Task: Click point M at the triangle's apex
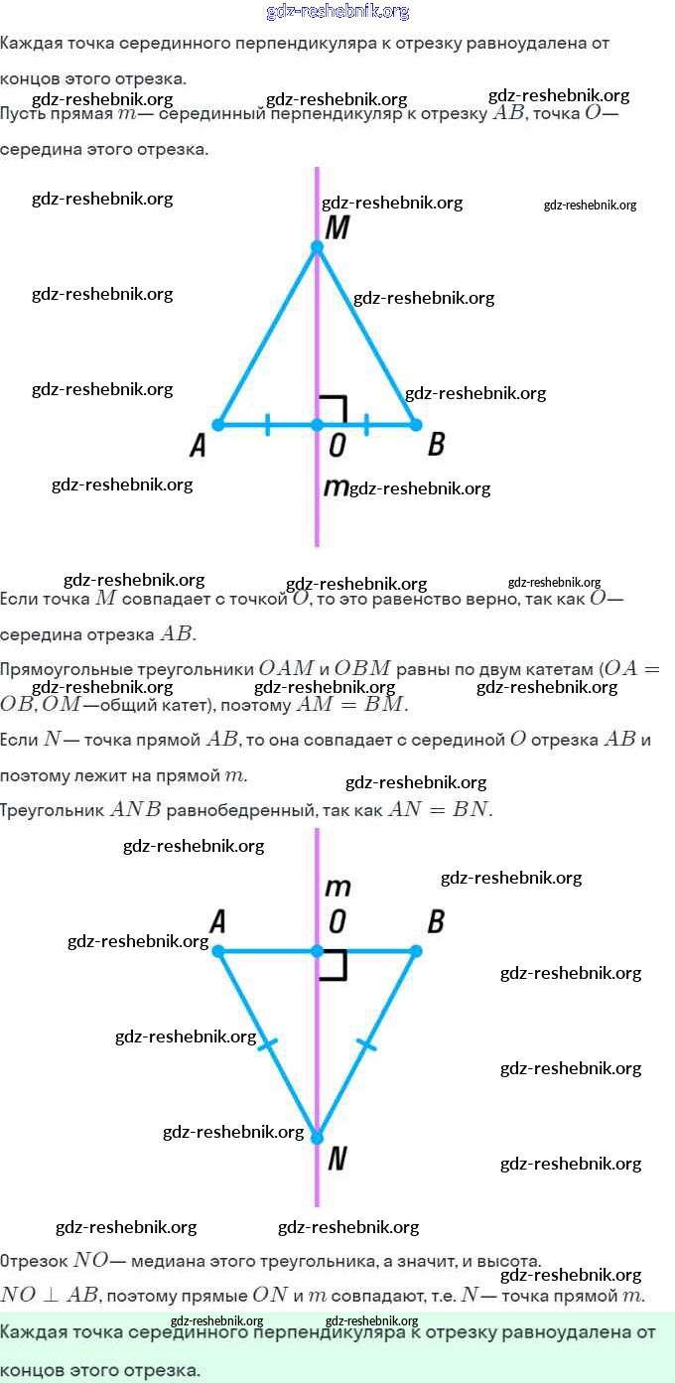(x=317, y=246)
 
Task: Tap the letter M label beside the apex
(x=337, y=228)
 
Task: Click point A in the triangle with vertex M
(x=218, y=425)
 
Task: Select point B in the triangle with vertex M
(x=416, y=425)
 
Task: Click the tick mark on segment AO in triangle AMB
(x=267, y=425)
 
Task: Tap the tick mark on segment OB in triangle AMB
(x=366, y=425)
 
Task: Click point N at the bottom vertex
(x=317, y=1138)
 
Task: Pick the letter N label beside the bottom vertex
(x=337, y=1158)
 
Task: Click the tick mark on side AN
(x=268, y=1043)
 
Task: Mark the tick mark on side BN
(x=366, y=1043)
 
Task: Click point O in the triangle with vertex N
(x=317, y=951)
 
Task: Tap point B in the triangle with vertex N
(x=416, y=951)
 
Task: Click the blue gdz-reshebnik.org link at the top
(x=337, y=12)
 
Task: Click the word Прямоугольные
(x=62, y=669)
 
